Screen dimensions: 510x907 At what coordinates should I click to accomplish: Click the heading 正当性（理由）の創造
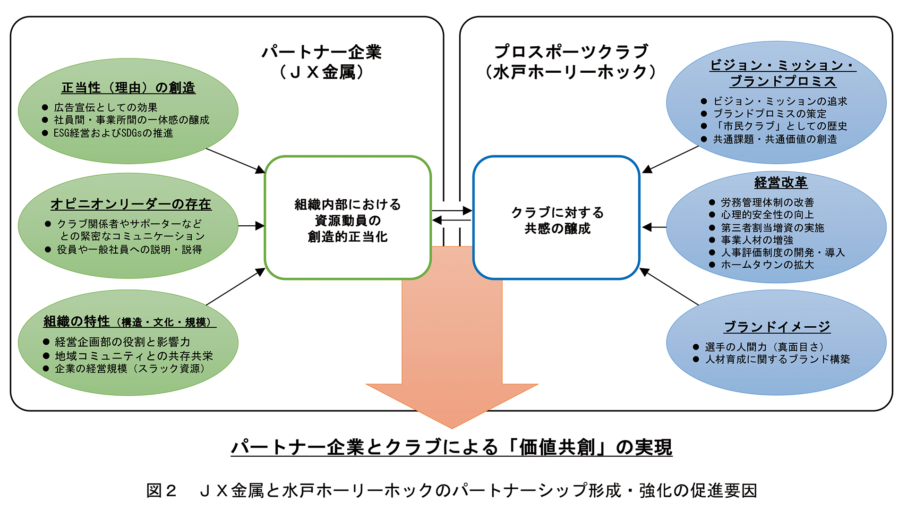click(x=128, y=88)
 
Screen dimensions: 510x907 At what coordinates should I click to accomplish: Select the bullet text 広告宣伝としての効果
click(x=105, y=108)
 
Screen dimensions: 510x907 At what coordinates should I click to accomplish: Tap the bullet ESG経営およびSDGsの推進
click(x=113, y=133)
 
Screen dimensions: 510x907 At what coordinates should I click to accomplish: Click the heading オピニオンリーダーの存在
click(x=131, y=204)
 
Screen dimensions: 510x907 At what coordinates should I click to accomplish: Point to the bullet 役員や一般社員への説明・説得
click(x=129, y=249)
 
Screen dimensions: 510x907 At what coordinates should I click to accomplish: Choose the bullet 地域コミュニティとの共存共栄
click(x=134, y=356)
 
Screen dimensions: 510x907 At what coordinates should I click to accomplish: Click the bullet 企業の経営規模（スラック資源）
click(x=130, y=368)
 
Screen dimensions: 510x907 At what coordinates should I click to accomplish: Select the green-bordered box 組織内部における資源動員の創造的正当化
click(x=348, y=220)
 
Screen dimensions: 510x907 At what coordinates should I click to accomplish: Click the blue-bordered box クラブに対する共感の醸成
click(x=557, y=220)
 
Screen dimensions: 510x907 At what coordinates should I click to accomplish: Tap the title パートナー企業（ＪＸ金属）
click(x=322, y=62)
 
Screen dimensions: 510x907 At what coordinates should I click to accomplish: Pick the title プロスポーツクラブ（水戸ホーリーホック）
click(x=571, y=62)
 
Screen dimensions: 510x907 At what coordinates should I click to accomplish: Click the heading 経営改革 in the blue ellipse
click(x=780, y=182)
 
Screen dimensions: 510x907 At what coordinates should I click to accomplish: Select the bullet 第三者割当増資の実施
click(x=772, y=228)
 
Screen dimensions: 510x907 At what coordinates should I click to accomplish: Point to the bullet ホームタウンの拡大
click(x=767, y=265)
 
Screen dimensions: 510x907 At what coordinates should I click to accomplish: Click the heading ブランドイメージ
click(x=777, y=327)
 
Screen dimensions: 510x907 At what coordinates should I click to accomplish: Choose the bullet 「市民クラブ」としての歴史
click(x=780, y=126)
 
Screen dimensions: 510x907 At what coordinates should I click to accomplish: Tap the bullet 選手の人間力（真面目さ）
click(x=764, y=347)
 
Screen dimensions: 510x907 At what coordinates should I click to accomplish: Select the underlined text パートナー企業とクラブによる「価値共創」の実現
click(x=452, y=447)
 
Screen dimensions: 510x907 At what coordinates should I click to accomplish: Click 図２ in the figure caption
click(x=161, y=491)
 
